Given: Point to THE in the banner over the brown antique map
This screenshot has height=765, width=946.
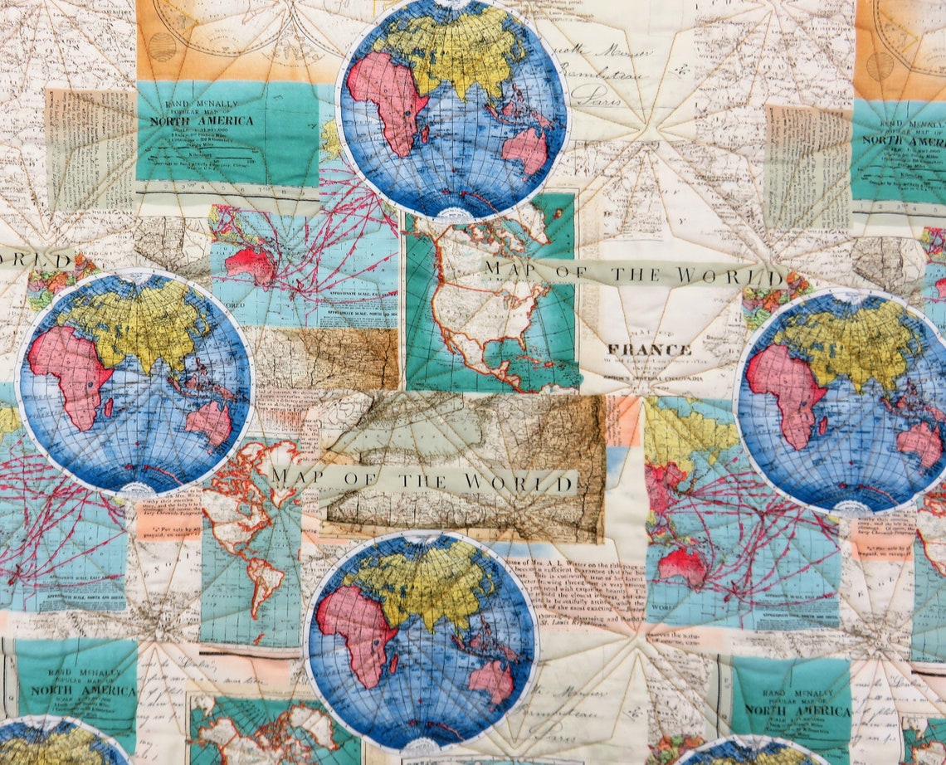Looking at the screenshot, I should click(423, 480).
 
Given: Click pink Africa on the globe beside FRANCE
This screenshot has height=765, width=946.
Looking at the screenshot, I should click(780, 386).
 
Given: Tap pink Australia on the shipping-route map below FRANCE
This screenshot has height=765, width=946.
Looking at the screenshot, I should click(680, 566).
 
